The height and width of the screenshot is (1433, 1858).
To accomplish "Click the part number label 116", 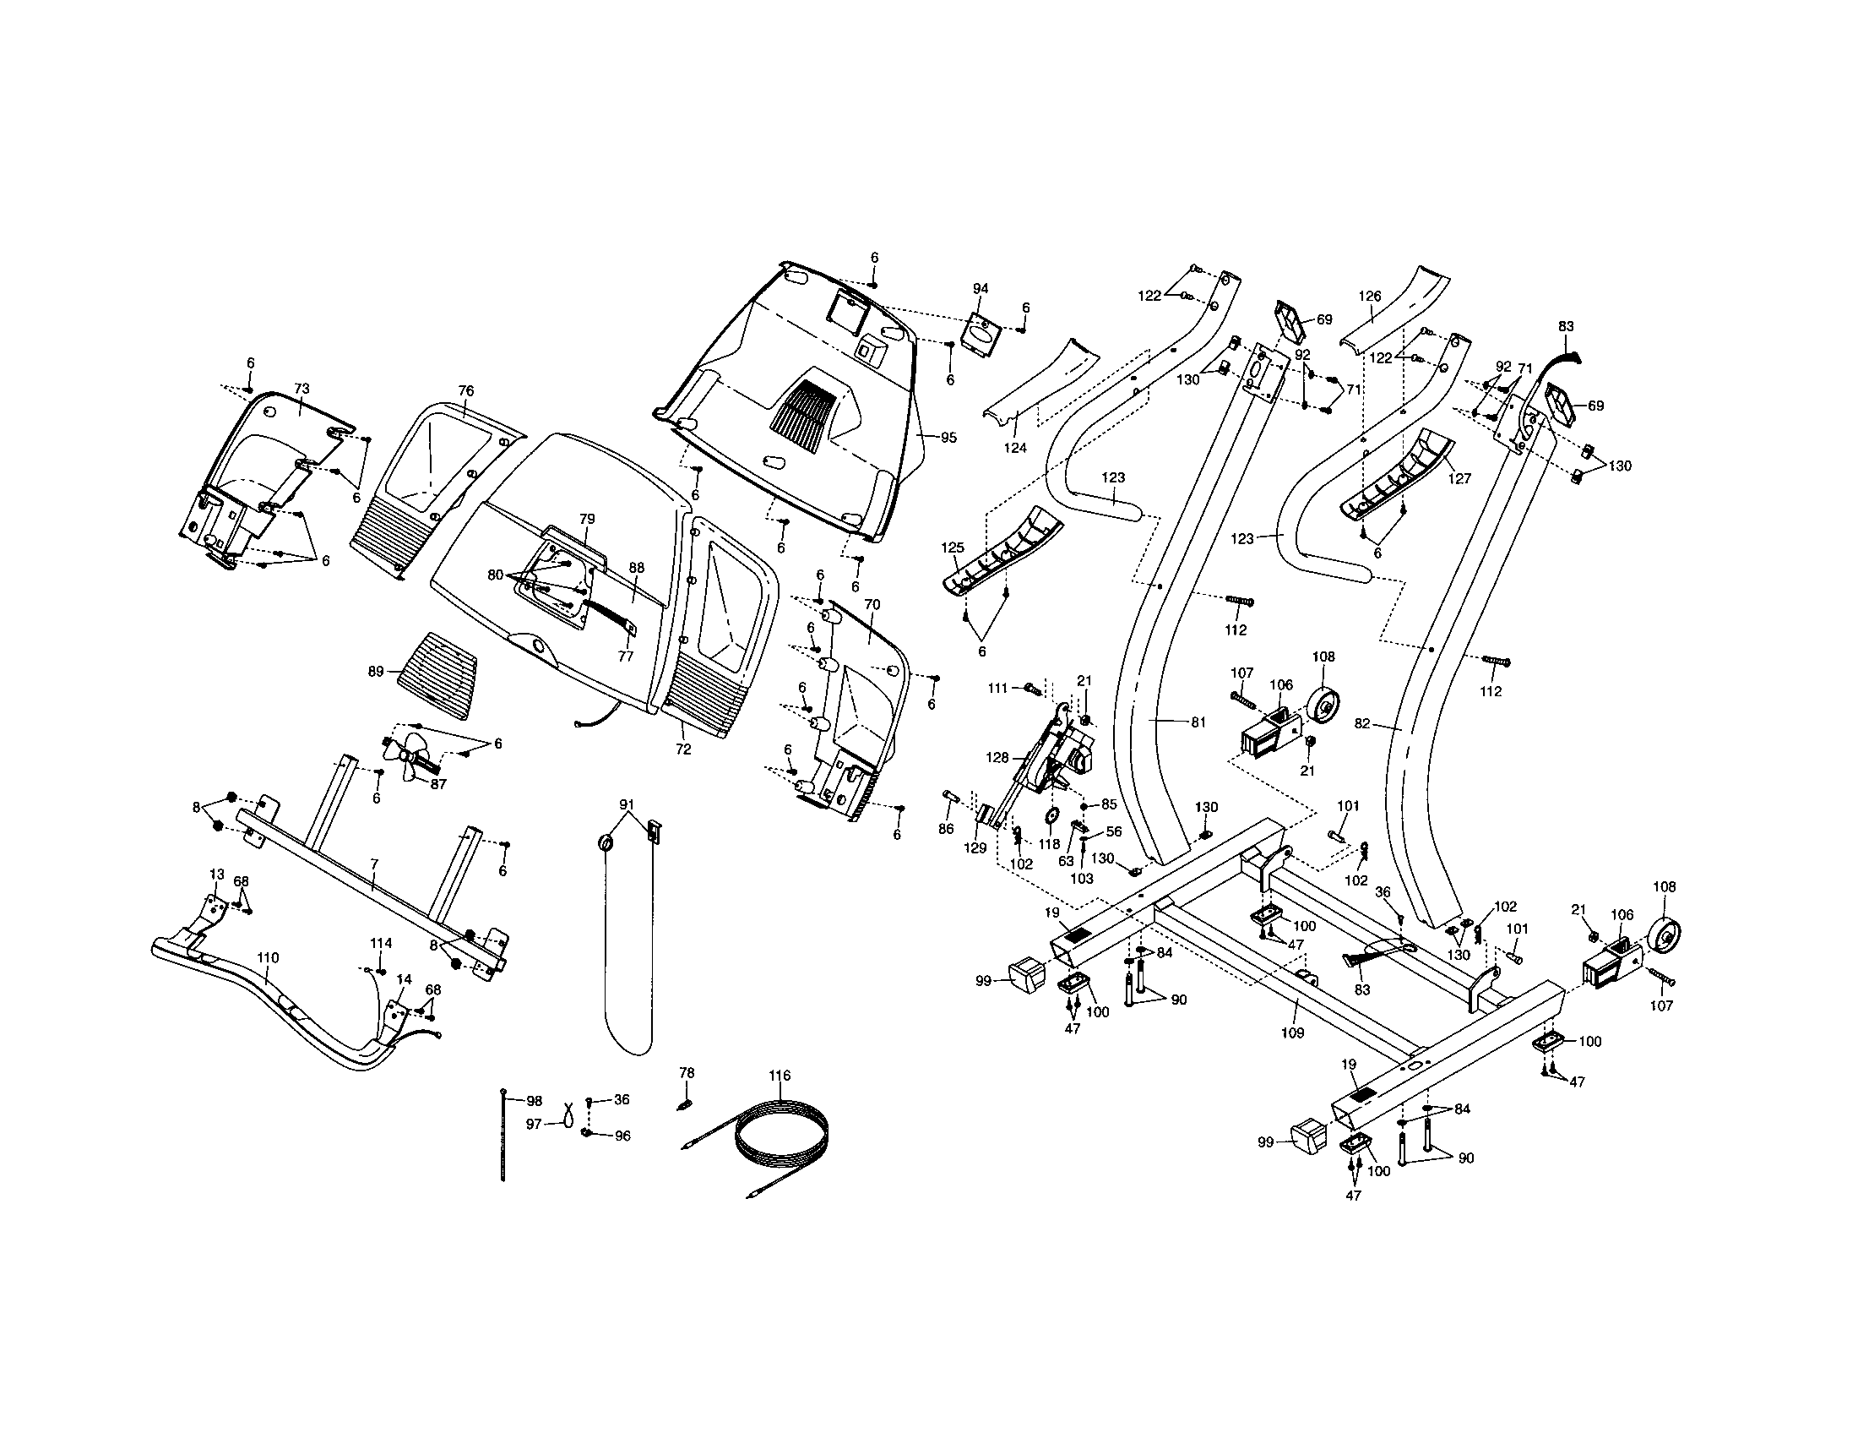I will tap(780, 1076).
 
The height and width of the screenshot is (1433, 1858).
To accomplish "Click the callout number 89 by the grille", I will tap(376, 672).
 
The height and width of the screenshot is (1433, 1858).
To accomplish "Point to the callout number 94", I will tap(980, 289).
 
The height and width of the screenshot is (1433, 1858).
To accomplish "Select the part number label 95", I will tap(948, 438).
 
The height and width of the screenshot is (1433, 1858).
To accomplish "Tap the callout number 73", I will tap(302, 388).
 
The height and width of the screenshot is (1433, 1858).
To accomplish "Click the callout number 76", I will tap(465, 390).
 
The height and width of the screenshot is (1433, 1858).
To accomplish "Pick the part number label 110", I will tap(267, 958).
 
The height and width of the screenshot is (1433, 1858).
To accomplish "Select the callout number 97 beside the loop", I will tap(534, 1124).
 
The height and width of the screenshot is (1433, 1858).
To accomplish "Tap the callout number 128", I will tap(997, 757).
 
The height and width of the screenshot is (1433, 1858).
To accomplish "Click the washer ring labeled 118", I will tap(1051, 817).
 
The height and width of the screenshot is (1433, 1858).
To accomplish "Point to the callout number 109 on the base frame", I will tap(1292, 1033).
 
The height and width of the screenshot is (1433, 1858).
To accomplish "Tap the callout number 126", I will tap(1370, 296).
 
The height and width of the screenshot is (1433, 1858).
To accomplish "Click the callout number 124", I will tap(1015, 448).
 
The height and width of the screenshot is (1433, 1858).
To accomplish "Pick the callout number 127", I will tap(1459, 479).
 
